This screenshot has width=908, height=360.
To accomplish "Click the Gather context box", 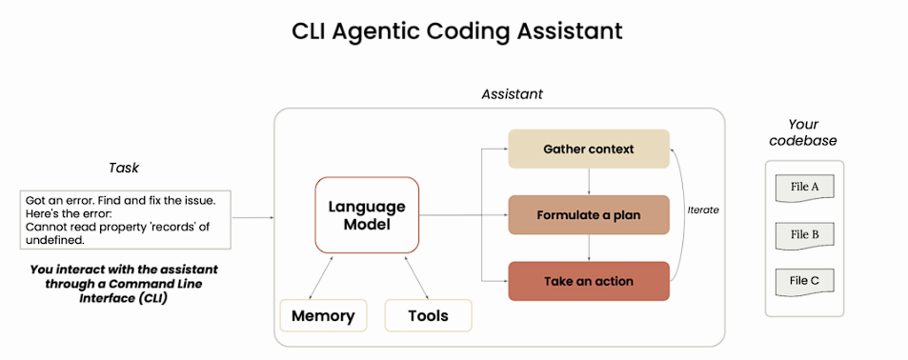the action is (x=589, y=149).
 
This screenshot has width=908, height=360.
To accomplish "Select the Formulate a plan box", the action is (x=589, y=215).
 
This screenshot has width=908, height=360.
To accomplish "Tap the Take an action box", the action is (x=589, y=281).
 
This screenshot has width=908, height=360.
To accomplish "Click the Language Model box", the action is (x=367, y=215).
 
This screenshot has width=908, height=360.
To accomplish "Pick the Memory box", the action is (x=323, y=315).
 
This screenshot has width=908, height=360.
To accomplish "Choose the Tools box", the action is (x=428, y=315).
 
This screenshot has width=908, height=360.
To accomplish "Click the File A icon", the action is (x=804, y=189).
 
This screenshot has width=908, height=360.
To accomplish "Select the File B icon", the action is (x=804, y=235).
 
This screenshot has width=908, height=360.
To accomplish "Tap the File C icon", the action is (x=804, y=283).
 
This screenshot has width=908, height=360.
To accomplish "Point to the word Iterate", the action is (x=703, y=210).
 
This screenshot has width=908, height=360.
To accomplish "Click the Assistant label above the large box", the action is (x=512, y=93).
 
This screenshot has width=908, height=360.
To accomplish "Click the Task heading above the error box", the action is (x=124, y=168).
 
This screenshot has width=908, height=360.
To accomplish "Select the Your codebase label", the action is (x=803, y=132).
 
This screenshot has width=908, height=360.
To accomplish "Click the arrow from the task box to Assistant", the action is (x=252, y=218).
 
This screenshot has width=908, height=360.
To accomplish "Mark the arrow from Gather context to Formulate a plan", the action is (x=589, y=182).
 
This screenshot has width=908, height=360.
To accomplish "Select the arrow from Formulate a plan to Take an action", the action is (x=589, y=249).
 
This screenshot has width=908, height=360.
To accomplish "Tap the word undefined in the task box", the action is (x=55, y=240).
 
